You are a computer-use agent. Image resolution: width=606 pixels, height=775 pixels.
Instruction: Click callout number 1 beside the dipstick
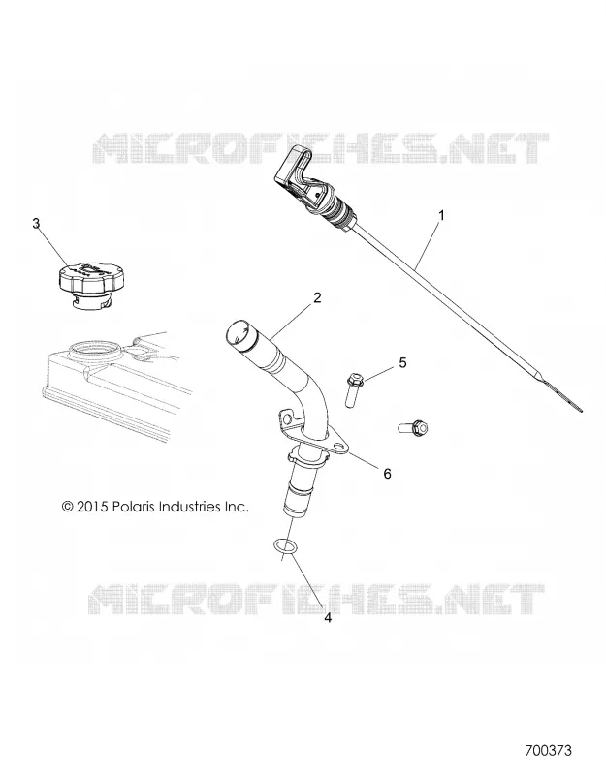click(441, 215)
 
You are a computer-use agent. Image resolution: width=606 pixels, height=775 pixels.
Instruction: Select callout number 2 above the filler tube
click(317, 297)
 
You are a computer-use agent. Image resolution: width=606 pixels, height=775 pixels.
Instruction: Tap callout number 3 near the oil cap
click(36, 224)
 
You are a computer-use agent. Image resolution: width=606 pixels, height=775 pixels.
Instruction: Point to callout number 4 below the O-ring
click(328, 618)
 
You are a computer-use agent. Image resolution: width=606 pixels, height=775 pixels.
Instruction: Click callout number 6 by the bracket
click(387, 474)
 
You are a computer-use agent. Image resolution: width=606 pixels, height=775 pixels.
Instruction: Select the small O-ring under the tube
click(285, 547)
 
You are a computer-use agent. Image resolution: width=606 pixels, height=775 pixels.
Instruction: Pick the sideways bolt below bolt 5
click(413, 426)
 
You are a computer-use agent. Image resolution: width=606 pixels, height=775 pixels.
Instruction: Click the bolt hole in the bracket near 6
click(339, 449)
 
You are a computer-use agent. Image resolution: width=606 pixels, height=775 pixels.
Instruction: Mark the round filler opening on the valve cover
click(94, 352)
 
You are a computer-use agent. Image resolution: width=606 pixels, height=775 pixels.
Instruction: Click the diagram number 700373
click(548, 750)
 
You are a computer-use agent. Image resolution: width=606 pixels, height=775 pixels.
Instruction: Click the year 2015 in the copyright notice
click(92, 507)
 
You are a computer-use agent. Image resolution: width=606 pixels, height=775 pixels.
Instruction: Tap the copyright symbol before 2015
click(68, 507)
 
